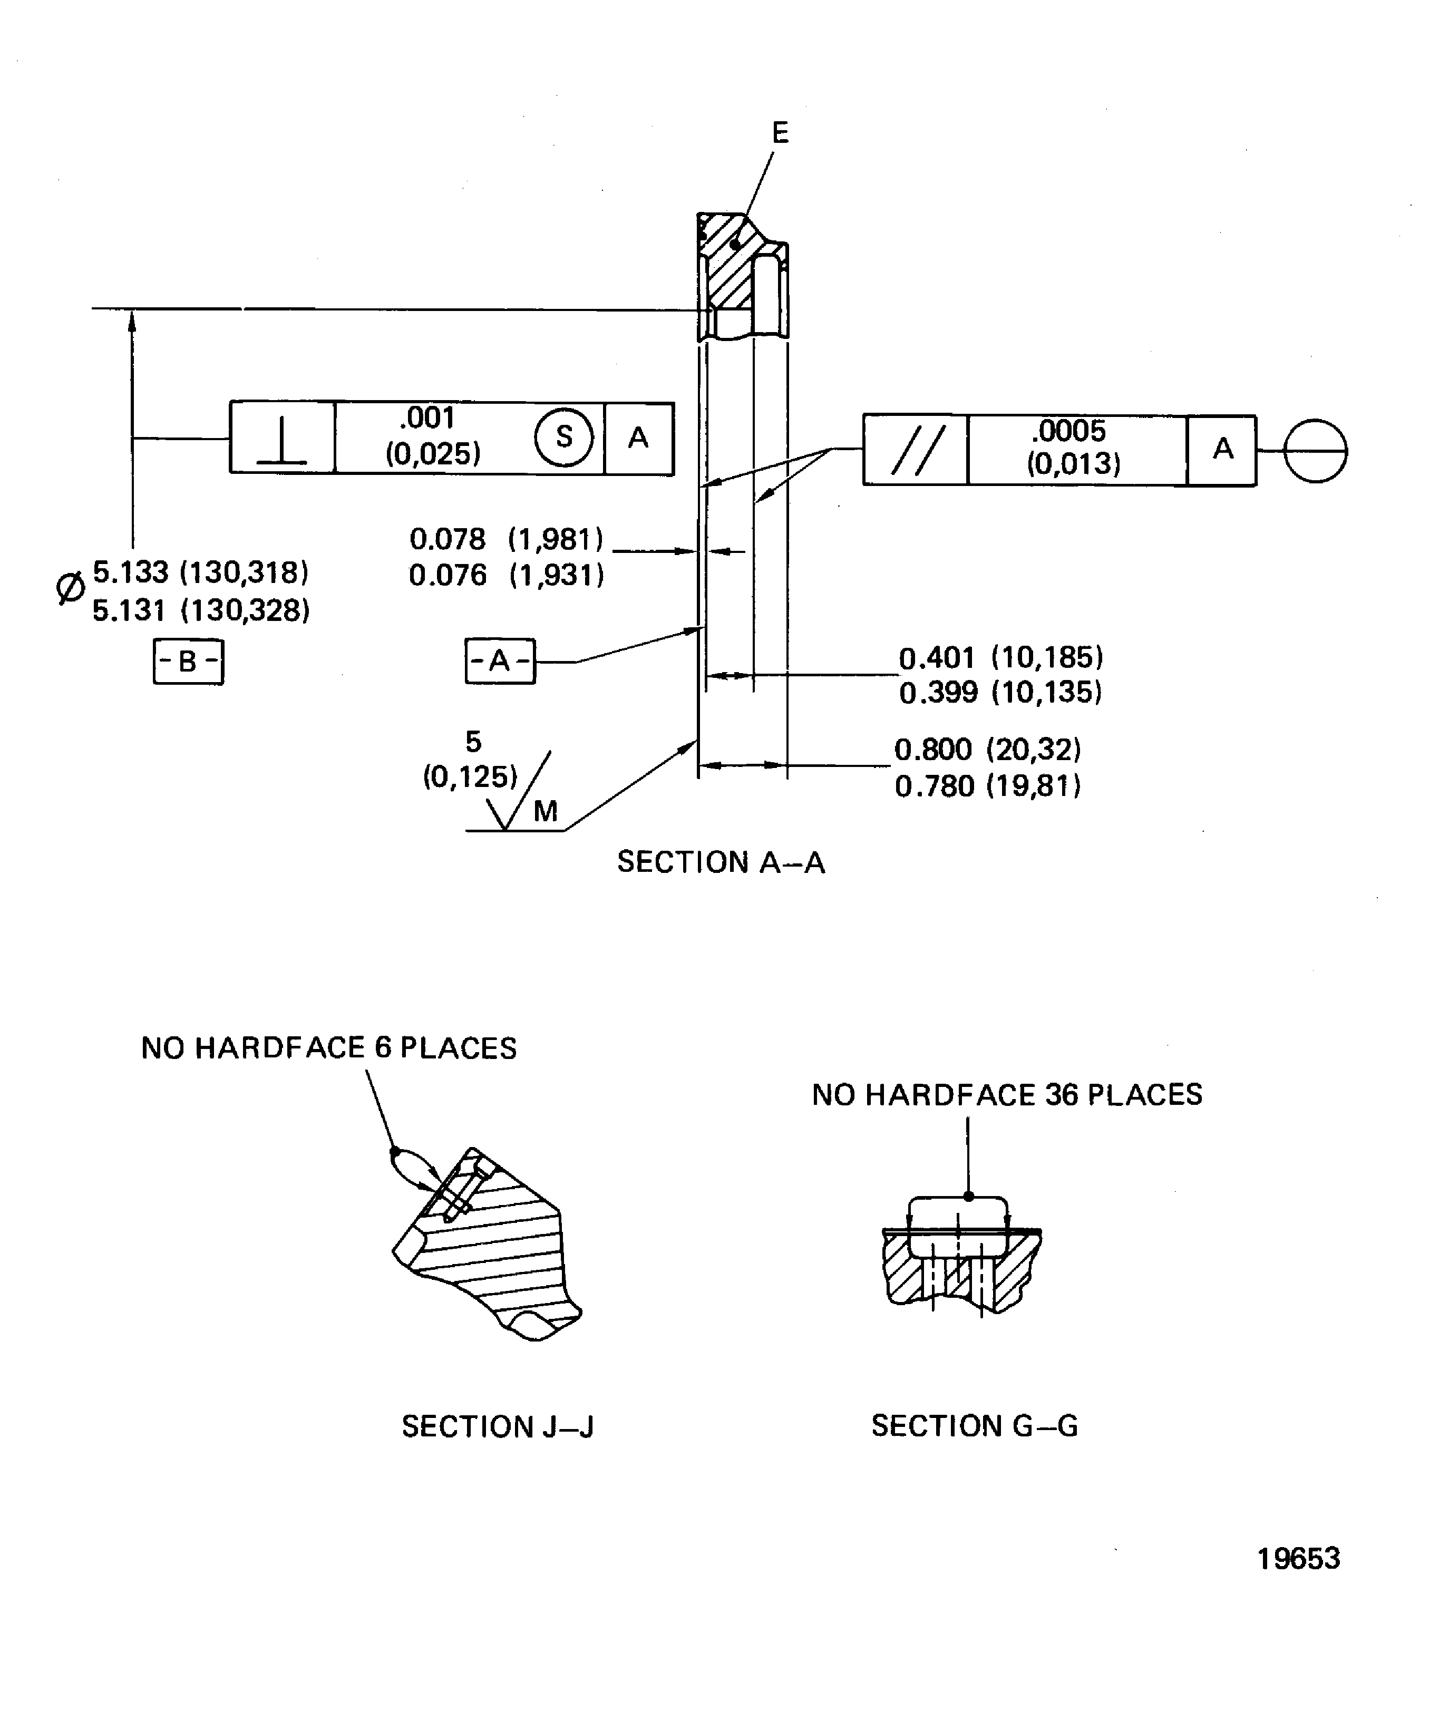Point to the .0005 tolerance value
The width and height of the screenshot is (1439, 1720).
(1069, 431)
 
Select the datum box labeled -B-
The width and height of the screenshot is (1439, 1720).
(188, 661)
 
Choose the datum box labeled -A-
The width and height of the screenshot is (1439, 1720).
(500, 660)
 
